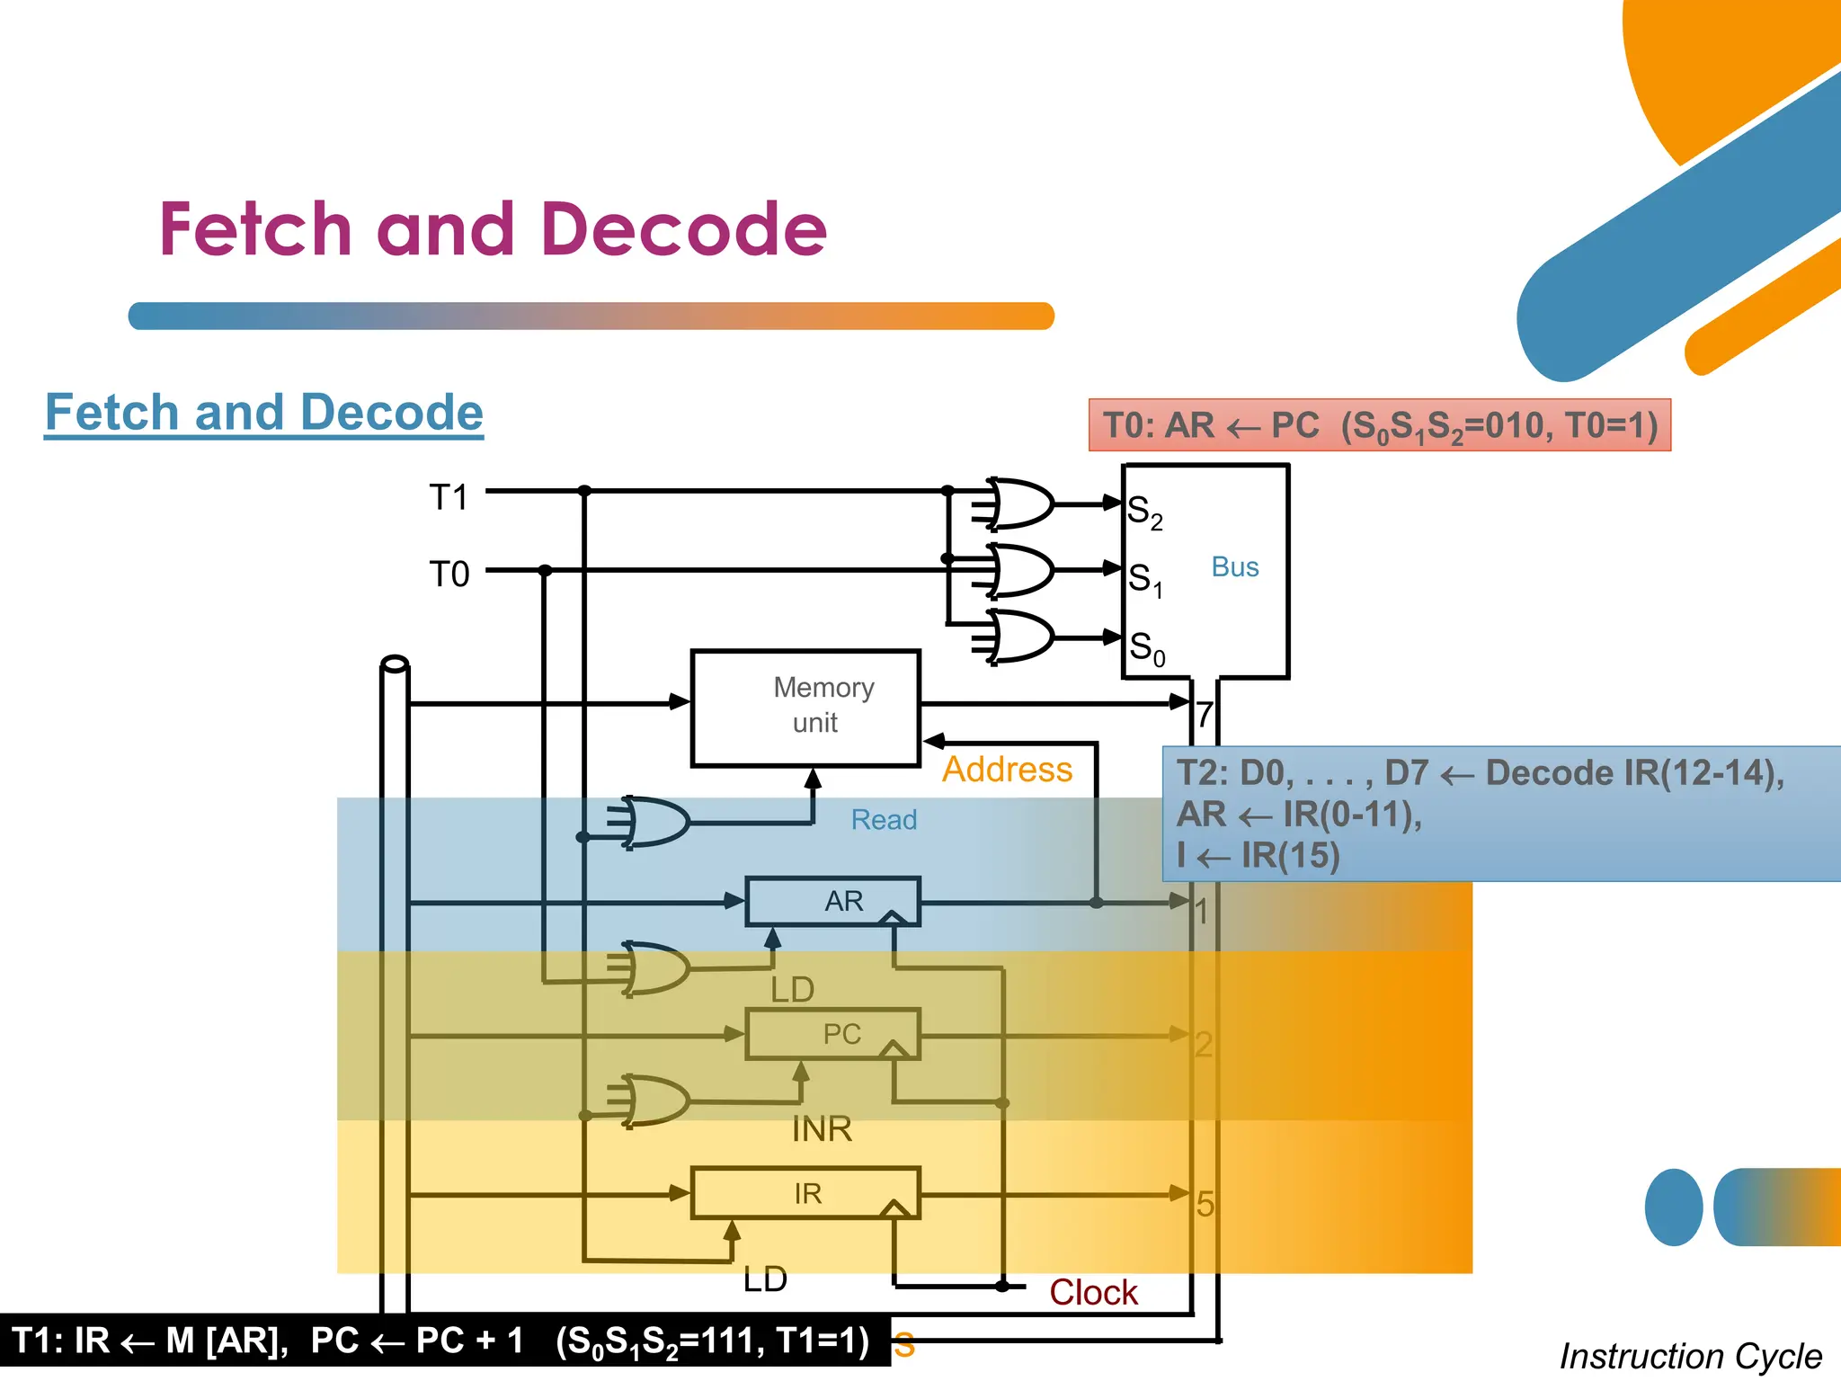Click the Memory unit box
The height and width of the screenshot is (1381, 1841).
click(805, 708)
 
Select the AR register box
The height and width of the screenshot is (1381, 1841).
click(832, 901)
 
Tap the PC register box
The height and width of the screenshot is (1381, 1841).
click(832, 1034)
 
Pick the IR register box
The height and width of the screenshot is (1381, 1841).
click(805, 1193)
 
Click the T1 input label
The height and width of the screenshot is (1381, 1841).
click(449, 497)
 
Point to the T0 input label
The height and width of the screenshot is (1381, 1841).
click(449, 574)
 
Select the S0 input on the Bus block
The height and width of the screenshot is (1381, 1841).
click(1146, 647)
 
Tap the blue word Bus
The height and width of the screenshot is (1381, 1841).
click(1234, 566)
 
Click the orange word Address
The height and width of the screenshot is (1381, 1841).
click(1007, 770)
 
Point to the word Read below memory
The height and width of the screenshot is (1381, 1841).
click(884, 819)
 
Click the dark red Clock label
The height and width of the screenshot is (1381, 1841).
click(1093, 1292)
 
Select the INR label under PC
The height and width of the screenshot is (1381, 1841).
click(822, 1128)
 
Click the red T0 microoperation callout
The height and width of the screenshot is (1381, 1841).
click(1379, 425)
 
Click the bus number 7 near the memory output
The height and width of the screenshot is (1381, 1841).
click(1205, 715)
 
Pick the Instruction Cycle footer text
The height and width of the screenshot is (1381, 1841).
click(1690, 1356)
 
